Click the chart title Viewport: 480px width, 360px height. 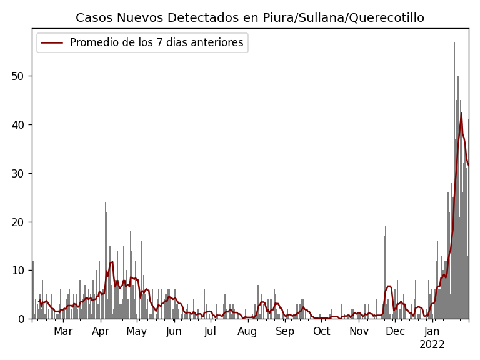(x=250, y=17)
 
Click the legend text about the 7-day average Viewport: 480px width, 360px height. (x=157, y=43)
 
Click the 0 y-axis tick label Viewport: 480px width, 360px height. (x=24, y=319)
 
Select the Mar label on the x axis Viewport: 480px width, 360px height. (x=63, y=331)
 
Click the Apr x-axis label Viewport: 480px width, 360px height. (x=101, y=331)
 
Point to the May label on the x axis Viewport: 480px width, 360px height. (x=137, y=331)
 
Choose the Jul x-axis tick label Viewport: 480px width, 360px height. (x=210, y=331)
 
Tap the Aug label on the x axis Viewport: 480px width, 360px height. (x=247, y=331)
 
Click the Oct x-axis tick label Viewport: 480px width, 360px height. (x=322, y=331)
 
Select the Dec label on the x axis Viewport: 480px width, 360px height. (x=395, y=331)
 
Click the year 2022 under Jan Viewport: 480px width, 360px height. (x=432, y=344)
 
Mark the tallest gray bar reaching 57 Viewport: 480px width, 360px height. (x=454, y=181)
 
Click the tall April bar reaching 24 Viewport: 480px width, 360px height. (x=106, y=262)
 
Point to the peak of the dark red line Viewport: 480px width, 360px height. (x=461, y=113)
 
